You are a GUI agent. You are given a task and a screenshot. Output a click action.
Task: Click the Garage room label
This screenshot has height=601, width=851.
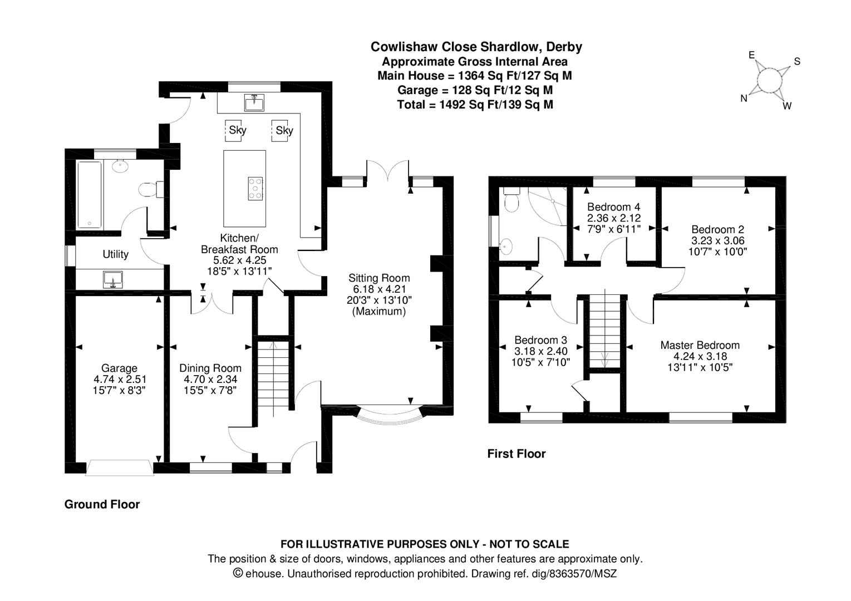click(119, 368)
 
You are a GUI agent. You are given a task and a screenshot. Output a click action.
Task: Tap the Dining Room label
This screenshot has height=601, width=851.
click(210, 368)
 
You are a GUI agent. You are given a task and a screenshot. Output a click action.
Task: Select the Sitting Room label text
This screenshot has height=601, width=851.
click(379, 278)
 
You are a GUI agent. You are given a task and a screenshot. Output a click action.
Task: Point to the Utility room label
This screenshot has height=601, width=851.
click(115, 254)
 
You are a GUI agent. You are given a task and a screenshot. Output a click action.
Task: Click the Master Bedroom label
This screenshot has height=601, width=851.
click(700, 345)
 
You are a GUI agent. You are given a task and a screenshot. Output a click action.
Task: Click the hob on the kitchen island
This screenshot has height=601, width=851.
click(255, 188)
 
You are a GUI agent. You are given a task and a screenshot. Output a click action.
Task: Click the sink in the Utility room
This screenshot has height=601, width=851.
click(113, 279)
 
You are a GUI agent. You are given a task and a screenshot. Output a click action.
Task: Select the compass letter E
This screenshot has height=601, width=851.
click(751, 55)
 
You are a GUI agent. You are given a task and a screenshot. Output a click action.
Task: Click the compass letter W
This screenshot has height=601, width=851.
click(787, 106)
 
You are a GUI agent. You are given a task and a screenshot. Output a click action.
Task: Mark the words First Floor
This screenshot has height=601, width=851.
click(516, 454)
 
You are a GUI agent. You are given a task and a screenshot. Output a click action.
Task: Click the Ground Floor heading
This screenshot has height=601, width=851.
click(102, 505)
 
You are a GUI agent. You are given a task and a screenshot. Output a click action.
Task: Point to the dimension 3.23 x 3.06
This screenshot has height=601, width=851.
click(717, 240)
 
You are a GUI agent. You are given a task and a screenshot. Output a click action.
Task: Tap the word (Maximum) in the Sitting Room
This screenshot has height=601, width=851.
click(379, 312)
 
